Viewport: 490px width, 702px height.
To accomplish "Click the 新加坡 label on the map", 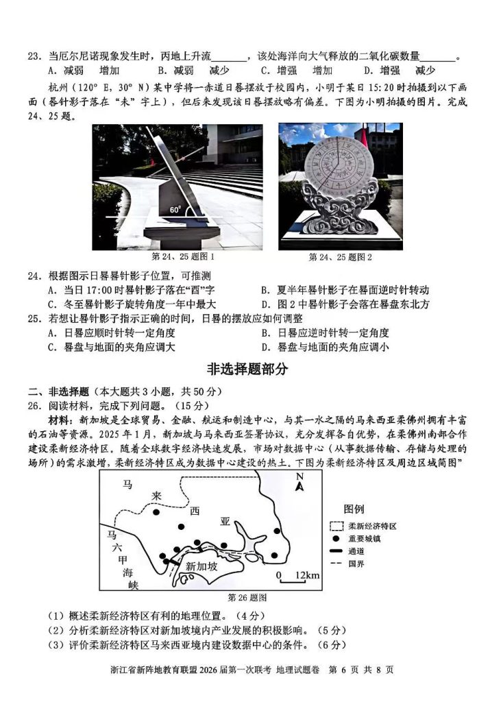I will coord(201,566).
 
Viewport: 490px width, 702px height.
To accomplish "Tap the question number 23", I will coord(35,56).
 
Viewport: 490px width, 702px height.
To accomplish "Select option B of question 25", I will coord(326,332).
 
